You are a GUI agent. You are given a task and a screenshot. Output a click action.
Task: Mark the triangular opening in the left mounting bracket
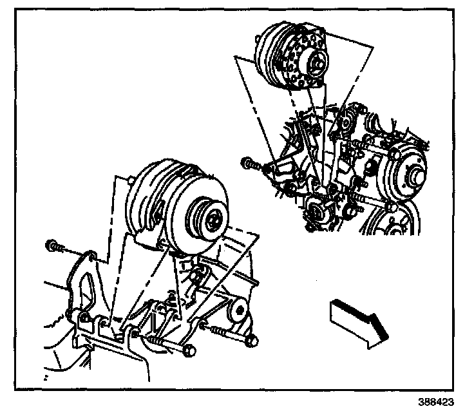pyautogui.click(x=81, y=283)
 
